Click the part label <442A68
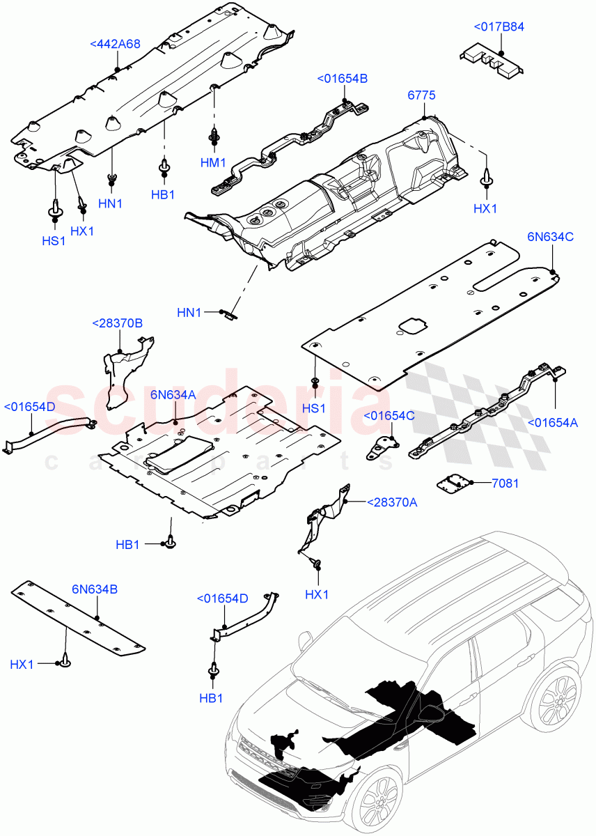pos(116,43)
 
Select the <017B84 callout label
pos(499,27)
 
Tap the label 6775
pos(421,95)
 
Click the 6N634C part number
pos(550,236)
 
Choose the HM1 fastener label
pos(213,162)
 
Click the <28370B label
pos(118,323)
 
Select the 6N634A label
pos(173,395)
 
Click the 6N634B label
pos(95,589)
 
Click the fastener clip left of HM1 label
pos(214,137)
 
